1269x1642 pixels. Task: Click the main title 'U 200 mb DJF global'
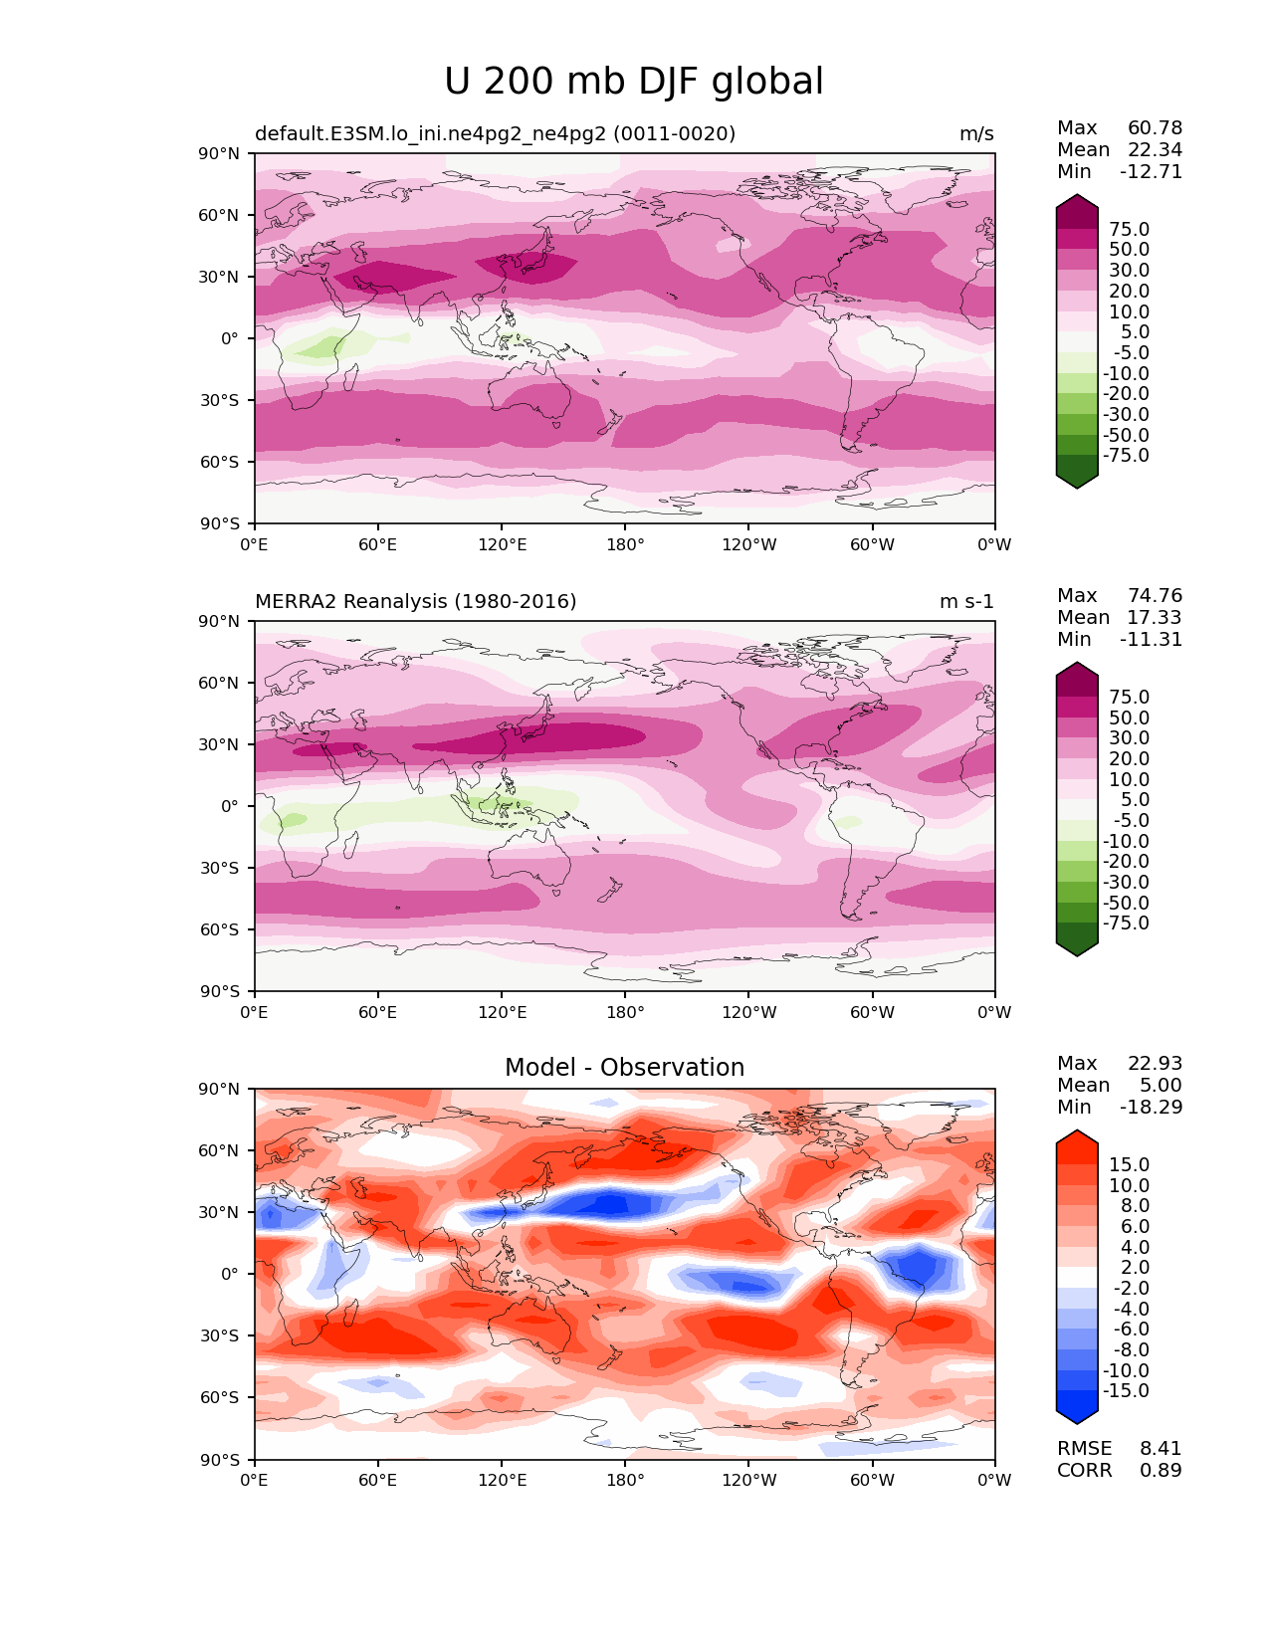point(633,82)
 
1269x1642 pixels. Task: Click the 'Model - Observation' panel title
point(624,1068)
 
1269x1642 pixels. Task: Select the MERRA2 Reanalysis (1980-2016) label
point(415,602)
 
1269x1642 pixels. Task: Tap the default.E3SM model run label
point(495,134)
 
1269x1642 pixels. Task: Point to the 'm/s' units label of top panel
point(975,134)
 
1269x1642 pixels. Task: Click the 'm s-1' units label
point(966,602)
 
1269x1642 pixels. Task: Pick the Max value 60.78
point(1155,128)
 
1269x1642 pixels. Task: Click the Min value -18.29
point(1152,1108)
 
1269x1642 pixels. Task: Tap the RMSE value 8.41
point(1161,1449)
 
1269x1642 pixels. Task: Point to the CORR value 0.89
point(1161,1471)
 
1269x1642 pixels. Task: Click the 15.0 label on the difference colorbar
point(1129,1165)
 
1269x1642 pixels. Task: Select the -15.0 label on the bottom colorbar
point(1126,1391)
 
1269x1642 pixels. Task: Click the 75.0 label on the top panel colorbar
point(1129,230)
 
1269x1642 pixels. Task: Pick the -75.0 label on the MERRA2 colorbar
point(1126,924)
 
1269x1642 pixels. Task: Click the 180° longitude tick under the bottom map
point(625,1481)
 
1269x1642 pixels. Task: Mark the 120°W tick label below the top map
point(749,545)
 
